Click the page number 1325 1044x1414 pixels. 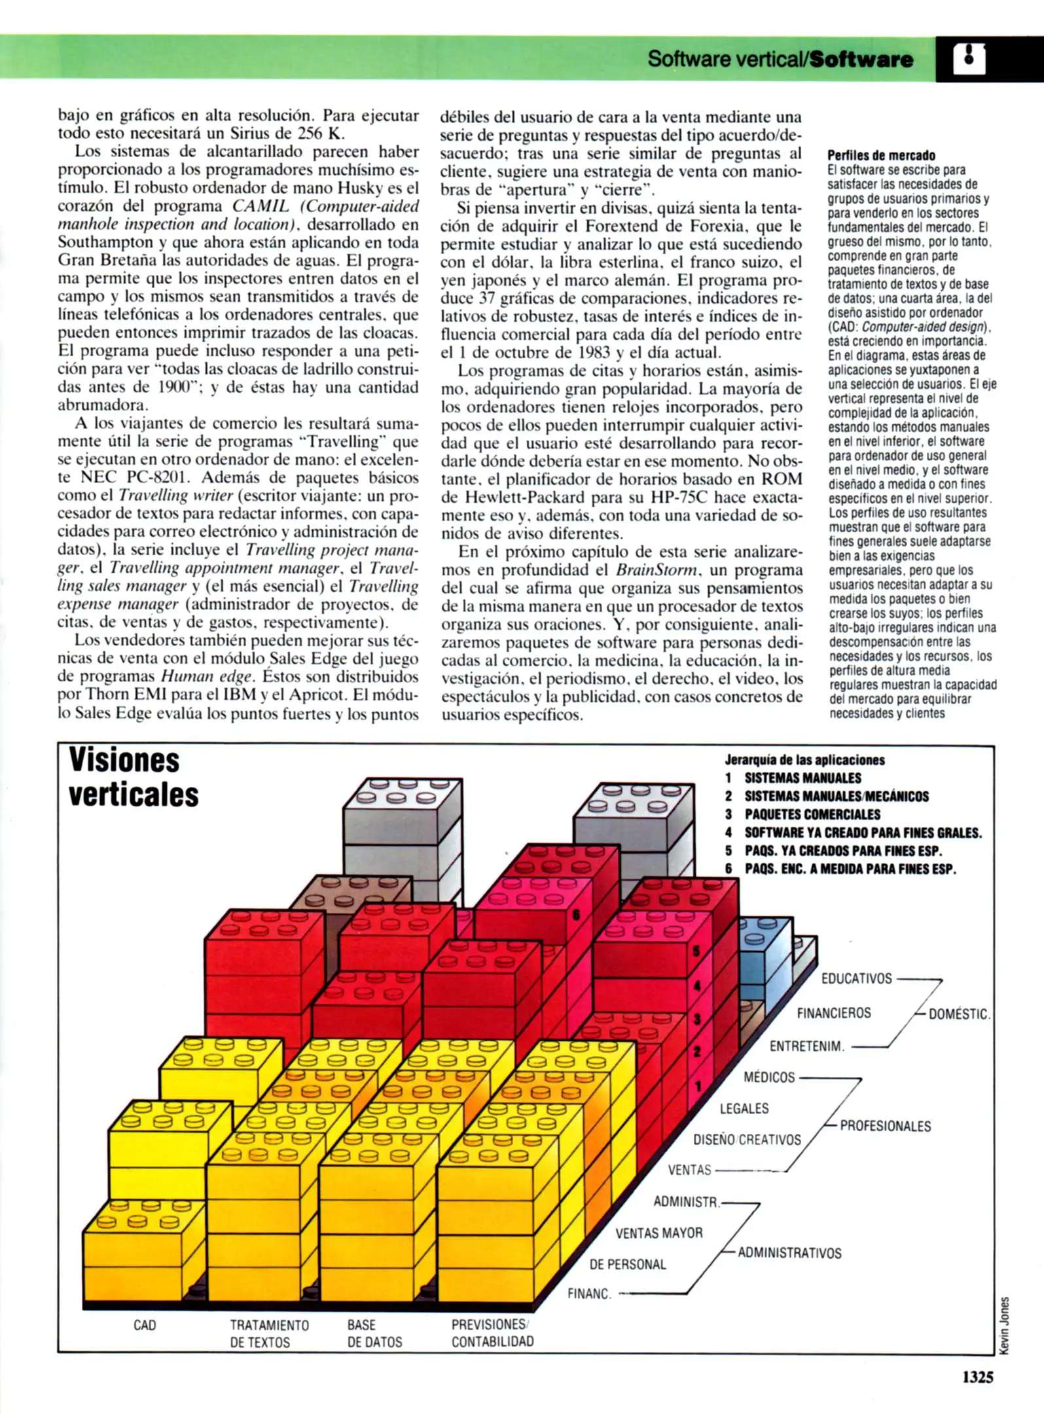tap(977, 1377)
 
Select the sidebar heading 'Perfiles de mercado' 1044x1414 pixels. tap(881, 155)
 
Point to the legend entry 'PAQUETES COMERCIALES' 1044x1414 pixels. tap(812, 814)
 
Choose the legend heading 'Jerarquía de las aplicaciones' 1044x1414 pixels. tap(804, 760)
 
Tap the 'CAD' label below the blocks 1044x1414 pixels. tap(145, 1325)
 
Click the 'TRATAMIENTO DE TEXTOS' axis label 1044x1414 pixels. tap(269, 1333)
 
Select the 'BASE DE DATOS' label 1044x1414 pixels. tap(374, 1333)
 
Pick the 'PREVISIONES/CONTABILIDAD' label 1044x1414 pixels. tap(492, 1333)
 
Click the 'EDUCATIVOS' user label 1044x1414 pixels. tap(856, 979)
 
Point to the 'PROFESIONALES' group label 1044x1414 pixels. tap(885, 1126)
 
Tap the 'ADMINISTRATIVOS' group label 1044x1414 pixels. tap(789, 1253)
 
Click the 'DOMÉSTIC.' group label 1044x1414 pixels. tap(959, 1014)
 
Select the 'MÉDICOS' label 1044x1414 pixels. tap(769, 1078)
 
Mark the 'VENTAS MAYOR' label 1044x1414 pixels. tap(658, 1233)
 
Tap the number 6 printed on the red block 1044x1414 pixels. tap(577, 915)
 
